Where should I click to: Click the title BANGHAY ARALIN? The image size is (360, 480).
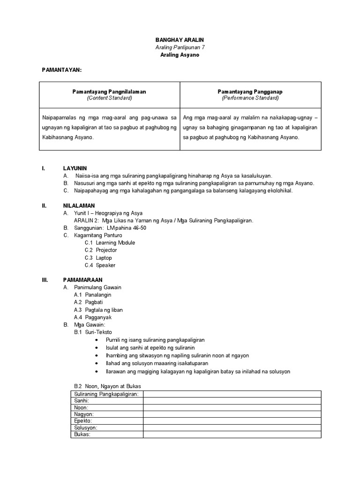pos(180,40)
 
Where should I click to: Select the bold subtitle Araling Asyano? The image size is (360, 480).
pos(180,55)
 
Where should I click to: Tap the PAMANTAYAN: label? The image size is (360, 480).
pos(62,70)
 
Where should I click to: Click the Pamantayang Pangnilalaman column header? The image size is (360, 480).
pos(109,92)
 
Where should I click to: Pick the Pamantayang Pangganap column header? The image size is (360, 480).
pos(250,92)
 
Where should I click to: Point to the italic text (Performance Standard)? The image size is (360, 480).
pos(250,98)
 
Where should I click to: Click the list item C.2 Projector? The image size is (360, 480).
pos(101,250)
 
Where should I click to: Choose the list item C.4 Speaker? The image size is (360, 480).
pos(100,265)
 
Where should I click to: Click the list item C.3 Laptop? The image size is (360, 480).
pos(98,258)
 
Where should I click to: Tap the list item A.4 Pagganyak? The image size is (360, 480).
pos(93,317)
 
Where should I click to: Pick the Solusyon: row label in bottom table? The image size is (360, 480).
pos(86,428)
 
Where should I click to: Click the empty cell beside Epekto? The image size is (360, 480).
pos(232,421)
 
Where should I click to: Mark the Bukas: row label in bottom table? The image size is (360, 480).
pos(82,435)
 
